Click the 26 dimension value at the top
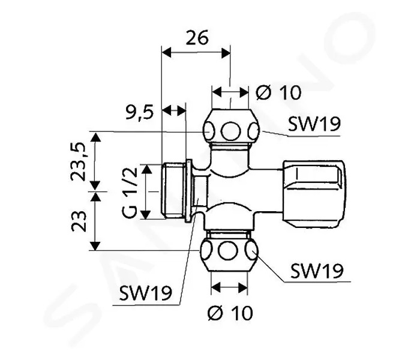[197, 38]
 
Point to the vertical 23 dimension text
[79, 221]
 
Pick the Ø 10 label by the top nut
[278, 92]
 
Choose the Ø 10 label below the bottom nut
[230, 313]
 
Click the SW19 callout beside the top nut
[314, 124]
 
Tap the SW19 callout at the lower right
[317, 271]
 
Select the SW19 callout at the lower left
[145, 293]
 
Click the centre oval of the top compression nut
[230, 131]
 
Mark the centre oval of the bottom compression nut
[228, 251]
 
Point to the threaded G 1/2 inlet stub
[174, 191]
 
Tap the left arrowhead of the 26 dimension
[167, 53]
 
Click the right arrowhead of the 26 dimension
[226, 53]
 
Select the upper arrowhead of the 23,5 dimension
[95, 137]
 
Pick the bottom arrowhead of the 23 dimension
[95, 246]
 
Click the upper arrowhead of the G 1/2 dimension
[146, 169]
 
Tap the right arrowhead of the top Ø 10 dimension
[244, 92]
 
